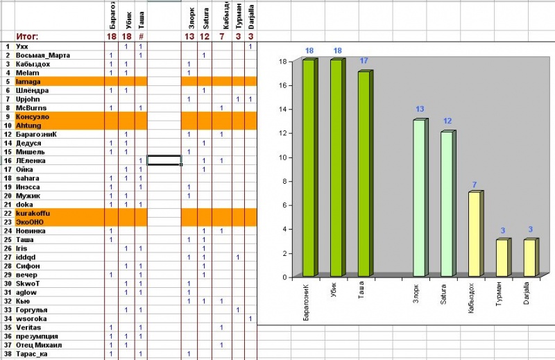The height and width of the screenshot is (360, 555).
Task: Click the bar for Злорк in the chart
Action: pyautogui.click(x=419, y=198)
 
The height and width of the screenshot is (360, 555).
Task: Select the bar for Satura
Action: pyautogui.click(x=447, y=204)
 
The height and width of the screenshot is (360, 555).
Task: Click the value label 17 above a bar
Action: pyautogui.click(x=364, y=62)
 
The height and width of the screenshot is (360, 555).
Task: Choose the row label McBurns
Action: pyautogui.click(x=31, y=108)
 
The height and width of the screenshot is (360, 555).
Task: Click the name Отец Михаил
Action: pyautogui.click(x=38, y=345)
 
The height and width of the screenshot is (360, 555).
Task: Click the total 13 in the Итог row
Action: pyautogui.click(x=189, y=36)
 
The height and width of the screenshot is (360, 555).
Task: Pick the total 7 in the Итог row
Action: pyautogui.click(x=221, y=36)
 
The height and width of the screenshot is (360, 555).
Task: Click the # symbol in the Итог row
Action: pyautogui.click(x=141, y=36)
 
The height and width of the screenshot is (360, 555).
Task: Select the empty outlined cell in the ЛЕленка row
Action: pyautogui.click(x=164, y=160)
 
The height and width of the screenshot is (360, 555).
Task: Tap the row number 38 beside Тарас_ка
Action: pyautogui.click(x=7, y=354)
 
